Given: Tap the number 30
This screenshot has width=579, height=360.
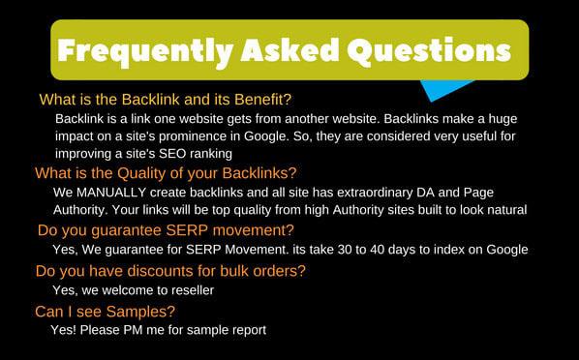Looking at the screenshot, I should point(354,250).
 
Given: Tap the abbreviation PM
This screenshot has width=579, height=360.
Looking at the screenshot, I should point(139,330).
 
